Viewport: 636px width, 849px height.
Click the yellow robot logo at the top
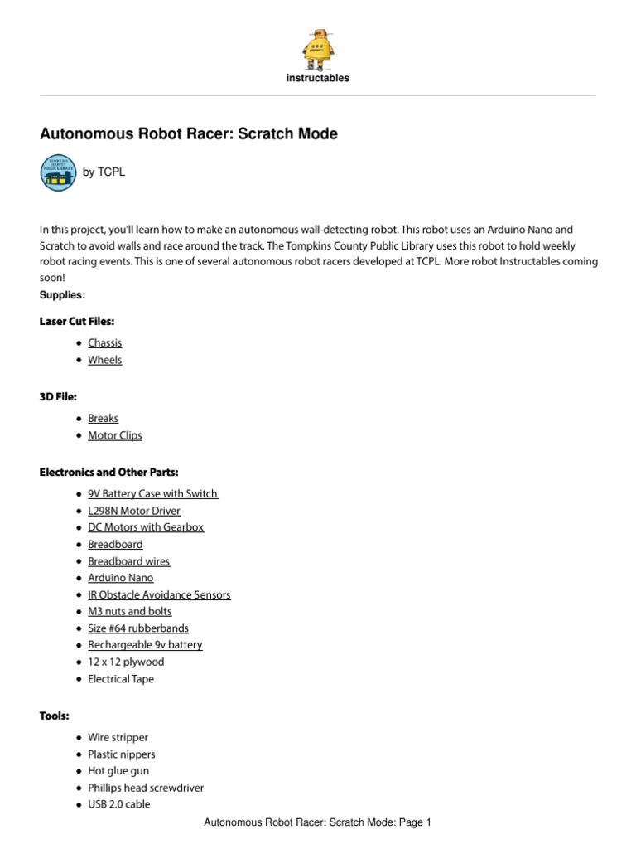(x=317, y=49)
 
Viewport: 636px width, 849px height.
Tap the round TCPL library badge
(x=58, y=172)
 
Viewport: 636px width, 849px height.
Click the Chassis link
(x=105, y=342)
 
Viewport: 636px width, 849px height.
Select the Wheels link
(x=105, y=360)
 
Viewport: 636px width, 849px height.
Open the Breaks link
(x=104, y=419)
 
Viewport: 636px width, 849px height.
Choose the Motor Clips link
(x=115, y=435)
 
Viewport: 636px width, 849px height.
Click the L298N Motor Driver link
(x=134, y=511)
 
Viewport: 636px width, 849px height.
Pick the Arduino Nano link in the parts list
(x=121, y=578)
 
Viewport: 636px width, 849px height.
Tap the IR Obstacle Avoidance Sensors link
(x=159, y=594)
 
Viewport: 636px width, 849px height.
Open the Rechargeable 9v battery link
(x=145, y=644)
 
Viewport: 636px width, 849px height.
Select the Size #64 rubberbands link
(x=138, y=628)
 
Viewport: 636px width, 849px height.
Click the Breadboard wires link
(x=129, y=561)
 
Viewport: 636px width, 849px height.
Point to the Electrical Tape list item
(x=121, y=679)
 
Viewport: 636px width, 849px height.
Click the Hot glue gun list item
(x=118, y=771)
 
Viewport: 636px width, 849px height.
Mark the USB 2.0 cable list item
(x=119, y=804)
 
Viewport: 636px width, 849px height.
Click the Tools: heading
(x=54, y=716)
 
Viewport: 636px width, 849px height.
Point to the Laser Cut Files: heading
(x=76, y=321)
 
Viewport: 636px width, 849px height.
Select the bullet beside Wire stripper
(x=78, y=738)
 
